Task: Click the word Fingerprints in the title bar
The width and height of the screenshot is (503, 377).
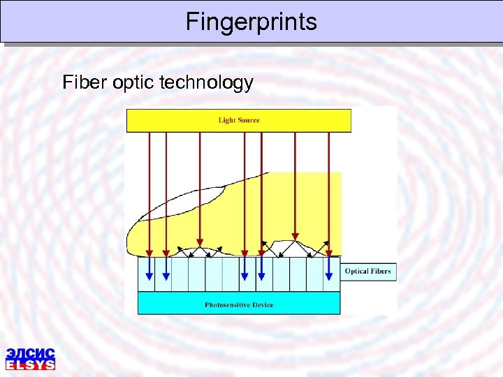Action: [251, 22]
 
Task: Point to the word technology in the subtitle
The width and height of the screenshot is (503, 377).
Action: [206, 83]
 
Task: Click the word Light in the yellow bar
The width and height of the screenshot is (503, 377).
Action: [227, 120]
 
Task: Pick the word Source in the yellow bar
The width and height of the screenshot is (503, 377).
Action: [249, 120]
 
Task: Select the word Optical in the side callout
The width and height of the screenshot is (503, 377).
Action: [356, 271]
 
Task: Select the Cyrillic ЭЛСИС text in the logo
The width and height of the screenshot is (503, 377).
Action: [30, 353]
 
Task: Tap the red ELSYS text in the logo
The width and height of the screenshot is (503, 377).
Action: [30, 364]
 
